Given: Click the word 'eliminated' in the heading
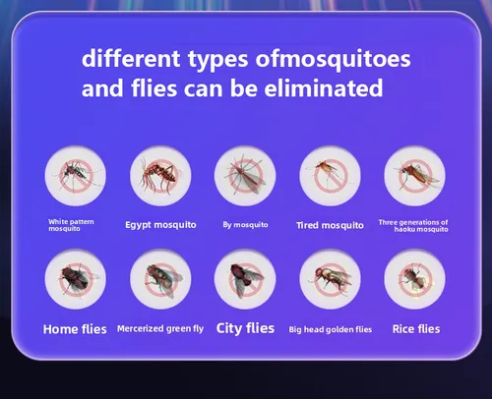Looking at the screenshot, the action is [x=324, y=87].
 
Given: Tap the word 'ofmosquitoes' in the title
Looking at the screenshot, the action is [x=333, y=60].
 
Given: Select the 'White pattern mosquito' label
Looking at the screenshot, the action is [x=71, y=225].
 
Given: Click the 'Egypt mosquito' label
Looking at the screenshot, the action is [x=160, y=225].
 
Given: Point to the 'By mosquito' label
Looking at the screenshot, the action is [x=245, y=225].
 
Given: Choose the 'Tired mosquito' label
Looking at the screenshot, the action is [x=330, y=225].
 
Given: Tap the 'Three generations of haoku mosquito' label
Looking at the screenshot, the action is [x=413, y=226].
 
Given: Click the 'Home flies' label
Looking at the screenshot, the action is [x=75, y=329].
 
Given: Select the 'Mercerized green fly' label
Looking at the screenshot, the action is [x=160, y=328].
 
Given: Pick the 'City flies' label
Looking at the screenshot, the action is [x=245, y=328].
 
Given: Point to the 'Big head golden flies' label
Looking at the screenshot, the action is [x=331, y=329].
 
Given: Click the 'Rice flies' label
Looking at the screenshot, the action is [x=416, y=329].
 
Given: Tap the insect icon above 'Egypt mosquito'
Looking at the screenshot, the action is [x=160, y=176].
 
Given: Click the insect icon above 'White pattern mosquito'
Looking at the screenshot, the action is [x=76, y=176].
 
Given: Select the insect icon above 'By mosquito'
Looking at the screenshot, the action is [x=245, y=176].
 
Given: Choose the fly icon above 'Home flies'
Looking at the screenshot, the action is [x=76, y=279].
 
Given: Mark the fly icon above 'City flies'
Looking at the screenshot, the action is [x=245, y=279].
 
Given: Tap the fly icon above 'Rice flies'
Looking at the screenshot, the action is [x=415, y=279].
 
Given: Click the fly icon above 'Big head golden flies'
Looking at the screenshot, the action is [x=330, y=279].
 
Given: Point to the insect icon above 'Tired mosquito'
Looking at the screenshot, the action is [x=330, y=176].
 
